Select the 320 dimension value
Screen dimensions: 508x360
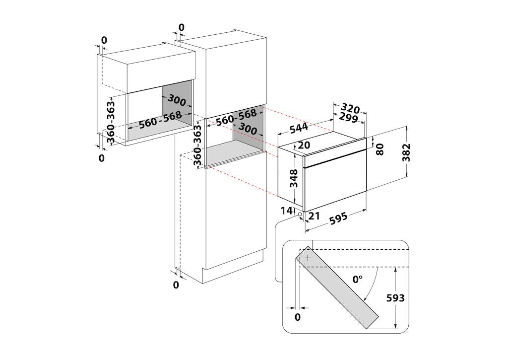point(351,109)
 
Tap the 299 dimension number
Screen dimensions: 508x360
point(348,118)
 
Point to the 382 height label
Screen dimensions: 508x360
point(406,152)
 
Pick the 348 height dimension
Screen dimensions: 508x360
point(294,178)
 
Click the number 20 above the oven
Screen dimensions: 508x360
point(304,145)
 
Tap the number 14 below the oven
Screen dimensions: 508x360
point(286,211)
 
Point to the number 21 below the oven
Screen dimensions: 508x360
point(314,216)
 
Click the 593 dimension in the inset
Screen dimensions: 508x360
point(395,298)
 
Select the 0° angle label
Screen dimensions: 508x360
point(357,279)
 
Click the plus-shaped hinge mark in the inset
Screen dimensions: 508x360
point(308,258)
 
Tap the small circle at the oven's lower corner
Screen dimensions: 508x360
point(300,215)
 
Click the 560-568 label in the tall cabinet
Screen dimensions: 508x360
point(237,117)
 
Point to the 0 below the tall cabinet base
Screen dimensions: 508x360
point(176,285)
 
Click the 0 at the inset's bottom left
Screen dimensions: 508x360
point(298,317)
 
